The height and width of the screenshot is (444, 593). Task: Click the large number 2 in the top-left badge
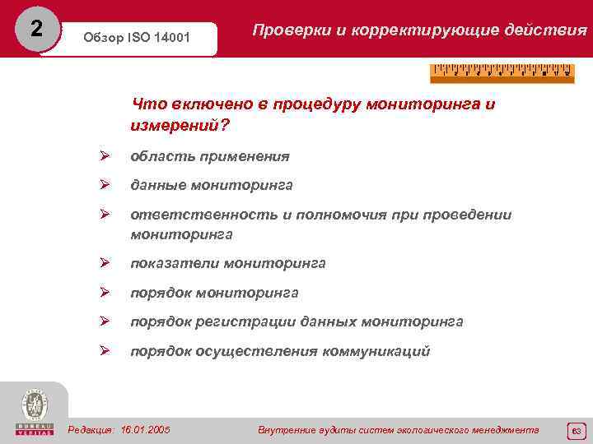click(x=35, y=29)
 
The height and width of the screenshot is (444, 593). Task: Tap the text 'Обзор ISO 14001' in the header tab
click(x=135, y=39)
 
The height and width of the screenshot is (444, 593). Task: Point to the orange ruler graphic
click(x=501, y=73)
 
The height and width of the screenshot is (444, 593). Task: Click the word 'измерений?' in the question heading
click(x=180, y=126)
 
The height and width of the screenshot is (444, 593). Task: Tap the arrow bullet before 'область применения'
click(x=105, y=156)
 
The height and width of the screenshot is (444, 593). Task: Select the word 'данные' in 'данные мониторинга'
click(x=156, y=186)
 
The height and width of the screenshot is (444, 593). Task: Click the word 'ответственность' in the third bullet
click(x=189, y=215)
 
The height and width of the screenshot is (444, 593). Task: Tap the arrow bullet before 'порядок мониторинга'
click(x=105, y=293)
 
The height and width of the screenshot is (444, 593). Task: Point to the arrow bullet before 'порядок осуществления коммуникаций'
click(x=105, y=351)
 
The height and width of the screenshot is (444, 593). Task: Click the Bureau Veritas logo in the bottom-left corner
click(x=35, y=412)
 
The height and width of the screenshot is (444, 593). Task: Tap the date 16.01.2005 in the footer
click(x=146, y=430)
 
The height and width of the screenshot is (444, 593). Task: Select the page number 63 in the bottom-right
click(x=576, y=430)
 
